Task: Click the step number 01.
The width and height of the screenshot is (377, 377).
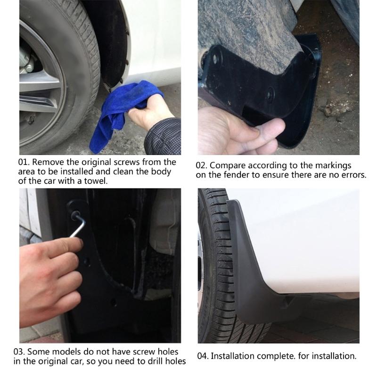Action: (24, 163)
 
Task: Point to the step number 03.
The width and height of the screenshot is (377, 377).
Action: (25, 352)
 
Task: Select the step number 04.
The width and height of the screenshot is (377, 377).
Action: (202, 356)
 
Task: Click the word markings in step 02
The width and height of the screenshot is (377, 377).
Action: (335, 166)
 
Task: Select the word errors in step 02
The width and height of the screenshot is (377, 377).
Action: (353, 175)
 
